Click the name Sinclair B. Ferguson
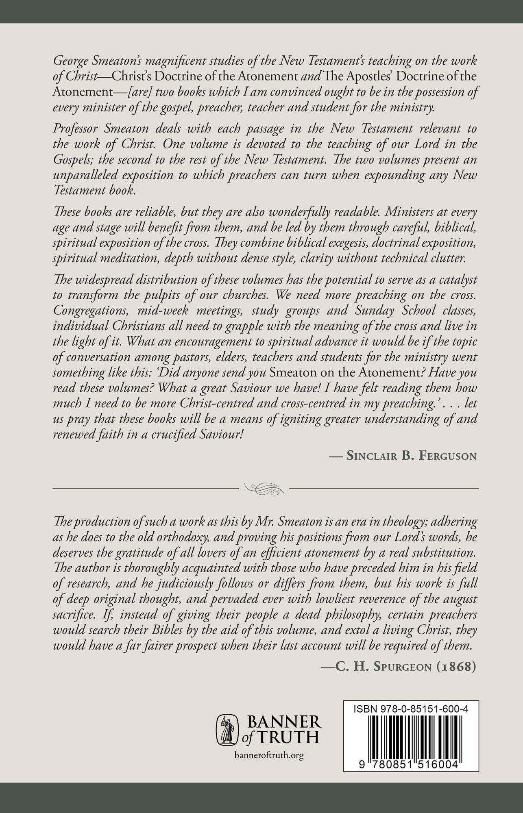[411, 456]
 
